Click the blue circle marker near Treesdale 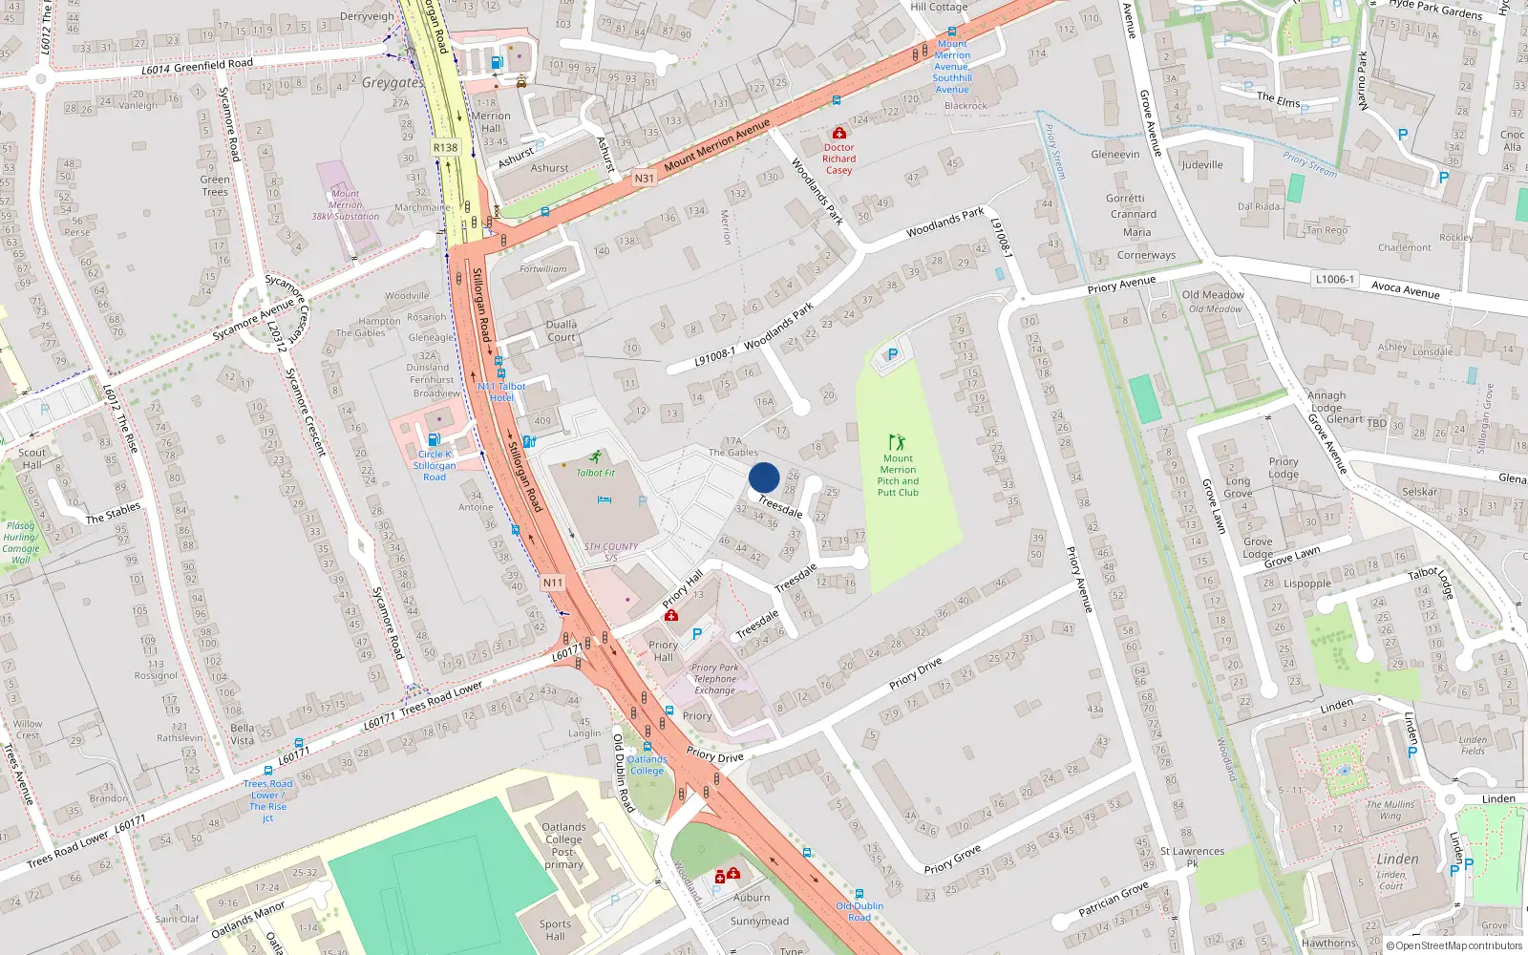point(764,477)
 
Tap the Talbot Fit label point(595,473)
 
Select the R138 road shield point(445,147)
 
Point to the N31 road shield point(645,179)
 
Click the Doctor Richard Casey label point(838,159)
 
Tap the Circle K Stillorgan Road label point(435,465)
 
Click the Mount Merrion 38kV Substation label point(346,205)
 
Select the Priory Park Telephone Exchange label point(714,679)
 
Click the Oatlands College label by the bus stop point(647,765)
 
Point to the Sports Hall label point(555,929)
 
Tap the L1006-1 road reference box point(1334,279)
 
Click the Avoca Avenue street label point(1405,288)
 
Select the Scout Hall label point(32,458)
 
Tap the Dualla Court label point(562,330)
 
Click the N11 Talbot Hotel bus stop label point(501,392)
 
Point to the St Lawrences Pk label point(1192,857)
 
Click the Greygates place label point(393,83)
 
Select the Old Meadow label point(1213,295)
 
